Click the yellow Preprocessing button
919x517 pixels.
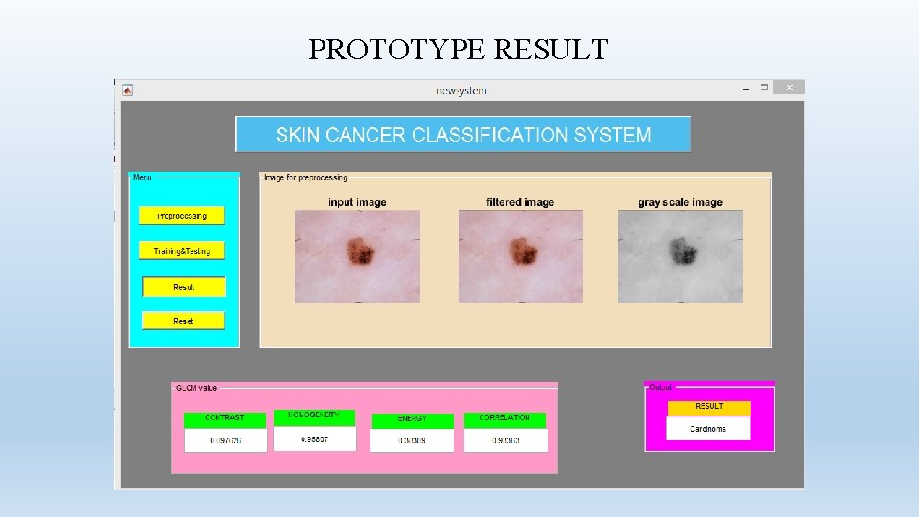point(182,215)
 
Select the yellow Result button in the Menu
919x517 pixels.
point(184,286)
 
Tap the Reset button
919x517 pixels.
point(183,321)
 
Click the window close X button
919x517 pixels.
point(790,87)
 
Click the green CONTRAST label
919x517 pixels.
point(225,418)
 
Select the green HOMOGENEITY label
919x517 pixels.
point(314,416)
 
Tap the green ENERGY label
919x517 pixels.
point(412,419)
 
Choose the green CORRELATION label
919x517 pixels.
point(504,418)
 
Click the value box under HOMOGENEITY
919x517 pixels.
point(314,439)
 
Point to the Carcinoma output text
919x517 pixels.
point(708,429)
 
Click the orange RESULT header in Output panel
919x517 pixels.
point(708,407)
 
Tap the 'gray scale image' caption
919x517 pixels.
point(680,202)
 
